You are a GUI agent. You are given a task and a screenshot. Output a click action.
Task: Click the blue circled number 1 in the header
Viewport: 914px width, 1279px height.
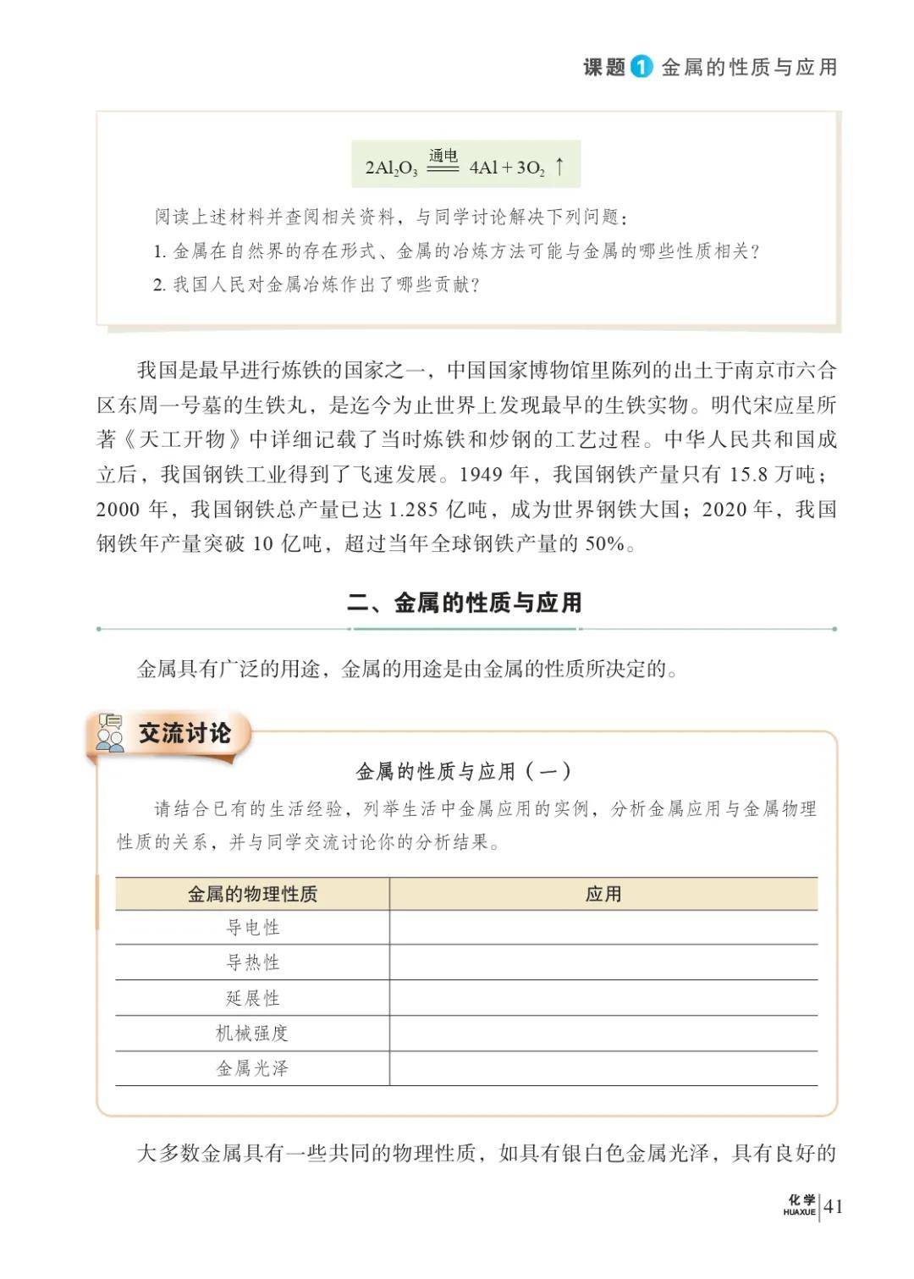[x=641, y=67]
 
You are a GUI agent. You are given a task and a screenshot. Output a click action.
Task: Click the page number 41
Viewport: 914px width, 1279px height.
[x=833, y=1206]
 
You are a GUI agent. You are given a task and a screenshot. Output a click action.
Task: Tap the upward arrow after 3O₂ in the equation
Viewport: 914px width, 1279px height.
[x=559, y=167]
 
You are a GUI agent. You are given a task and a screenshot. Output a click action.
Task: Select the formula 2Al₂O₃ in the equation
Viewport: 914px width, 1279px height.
[x=391, y=168]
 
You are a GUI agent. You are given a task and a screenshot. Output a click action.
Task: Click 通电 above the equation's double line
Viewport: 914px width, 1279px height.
[x=443, y=156]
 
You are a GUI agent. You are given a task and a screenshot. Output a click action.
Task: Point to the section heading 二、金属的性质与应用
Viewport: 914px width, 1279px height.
[x=465, y=603]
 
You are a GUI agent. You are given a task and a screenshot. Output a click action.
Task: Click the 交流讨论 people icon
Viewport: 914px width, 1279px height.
[x=110, y=733]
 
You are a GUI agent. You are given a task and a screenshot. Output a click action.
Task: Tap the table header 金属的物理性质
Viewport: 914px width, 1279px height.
[x=252, y=894]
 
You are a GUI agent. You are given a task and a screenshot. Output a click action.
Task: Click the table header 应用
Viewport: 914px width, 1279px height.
[x=603, y=894]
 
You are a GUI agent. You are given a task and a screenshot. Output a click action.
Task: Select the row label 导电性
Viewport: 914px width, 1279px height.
[x=252, y=928]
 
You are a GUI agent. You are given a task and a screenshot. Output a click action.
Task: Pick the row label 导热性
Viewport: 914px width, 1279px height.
[x=252, y=962]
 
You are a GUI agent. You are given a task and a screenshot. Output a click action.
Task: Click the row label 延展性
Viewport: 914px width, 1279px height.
[x=252, y=998]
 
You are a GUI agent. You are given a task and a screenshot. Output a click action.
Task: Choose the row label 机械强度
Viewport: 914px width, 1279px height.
[x=252, y=1033]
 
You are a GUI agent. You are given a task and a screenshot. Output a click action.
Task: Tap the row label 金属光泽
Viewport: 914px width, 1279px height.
[x=252, y=1068]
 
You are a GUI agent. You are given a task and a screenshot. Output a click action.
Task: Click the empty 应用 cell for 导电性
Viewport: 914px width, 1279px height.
[x=603, y=928]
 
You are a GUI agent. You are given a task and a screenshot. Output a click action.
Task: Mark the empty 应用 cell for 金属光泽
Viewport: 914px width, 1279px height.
[x=603, y=1068]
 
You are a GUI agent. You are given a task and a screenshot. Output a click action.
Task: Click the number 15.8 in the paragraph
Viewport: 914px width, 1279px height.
[x=748, y=474]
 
